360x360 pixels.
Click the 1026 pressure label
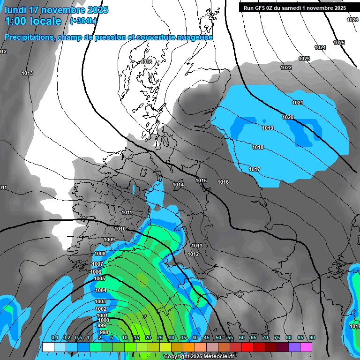pyautogui.click(x=352, y=20)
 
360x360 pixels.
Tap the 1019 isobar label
pyautogui.click(x=268, y=128)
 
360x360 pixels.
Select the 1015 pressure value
pyautogui.click(x=201, y=180)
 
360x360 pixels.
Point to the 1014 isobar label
pyautogui.click(x=178, y=185)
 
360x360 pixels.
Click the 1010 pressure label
pyautogui.click(x=120, y=229)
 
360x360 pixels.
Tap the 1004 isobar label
pyautogui.click(x=101, y=290)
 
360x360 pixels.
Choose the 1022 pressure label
pyautogui.click(x=286, y=67)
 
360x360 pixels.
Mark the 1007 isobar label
pyautogui.click(x=97, y=264)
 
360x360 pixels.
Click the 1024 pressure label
pyautogui.click(x=320, y=47)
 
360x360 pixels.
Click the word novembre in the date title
pyautogui.click(x=67, y=10)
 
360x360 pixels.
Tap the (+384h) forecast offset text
pyautogui.click(x=83, y=21)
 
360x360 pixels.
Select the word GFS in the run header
pyautogui.click(x=261, y=8)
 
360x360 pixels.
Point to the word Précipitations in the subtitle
pyautogui.click(x=30, y=37)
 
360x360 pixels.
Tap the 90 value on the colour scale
pyautogui.click(x=312, y=337)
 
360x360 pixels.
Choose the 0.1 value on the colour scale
pyautogui.click(x=54, y=337)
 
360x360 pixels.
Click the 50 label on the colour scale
pyautogui.click(x=218, y=337)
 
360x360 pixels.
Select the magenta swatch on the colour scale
pyautogui.click(x=306, y=347)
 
